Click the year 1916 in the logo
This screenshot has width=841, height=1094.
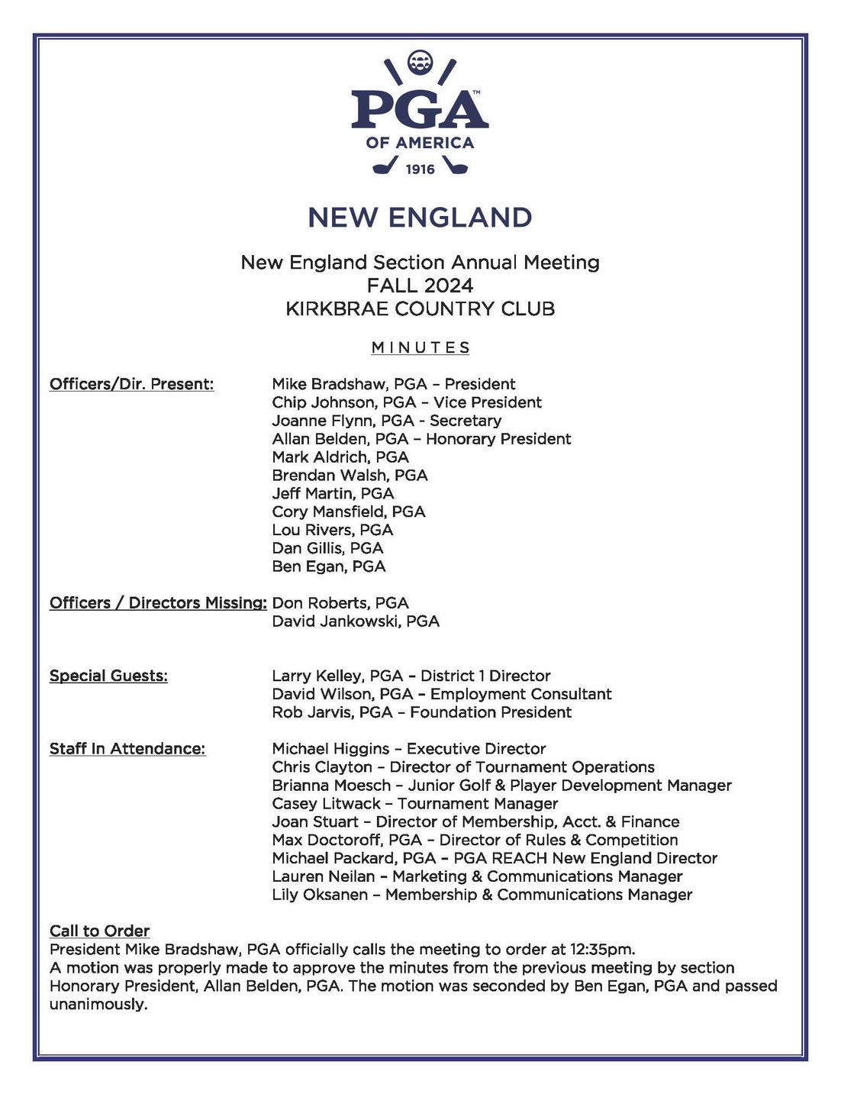pyautogui.click(x=420, y=169)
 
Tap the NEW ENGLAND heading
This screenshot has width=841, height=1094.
pyautogui.click(x=420, y=218)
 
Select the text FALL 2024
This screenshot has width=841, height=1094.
pyautogui.click(x=420, y=286)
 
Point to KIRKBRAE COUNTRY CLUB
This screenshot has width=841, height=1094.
pyautogui.click(x=420, y=309)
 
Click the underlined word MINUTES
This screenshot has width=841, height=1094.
pyautogui.click(x=420, y=348)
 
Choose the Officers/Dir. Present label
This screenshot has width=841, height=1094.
pyautogui.click(x=131, y=384)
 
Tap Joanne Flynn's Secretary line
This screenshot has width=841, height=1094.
pyautogui.click(x=386, y=421)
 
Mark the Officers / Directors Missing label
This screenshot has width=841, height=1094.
pyautogui.click(x=157, y=603)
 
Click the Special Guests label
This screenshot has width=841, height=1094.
pyautogui.click(x=108, y=676)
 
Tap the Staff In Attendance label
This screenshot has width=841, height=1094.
pyautogui.click(x=127, y=749)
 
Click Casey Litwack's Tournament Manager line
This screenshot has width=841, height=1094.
pyautogui.click(x=414, y=804)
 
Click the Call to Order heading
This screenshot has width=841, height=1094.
pyautogui.click(x=99, y=931)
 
